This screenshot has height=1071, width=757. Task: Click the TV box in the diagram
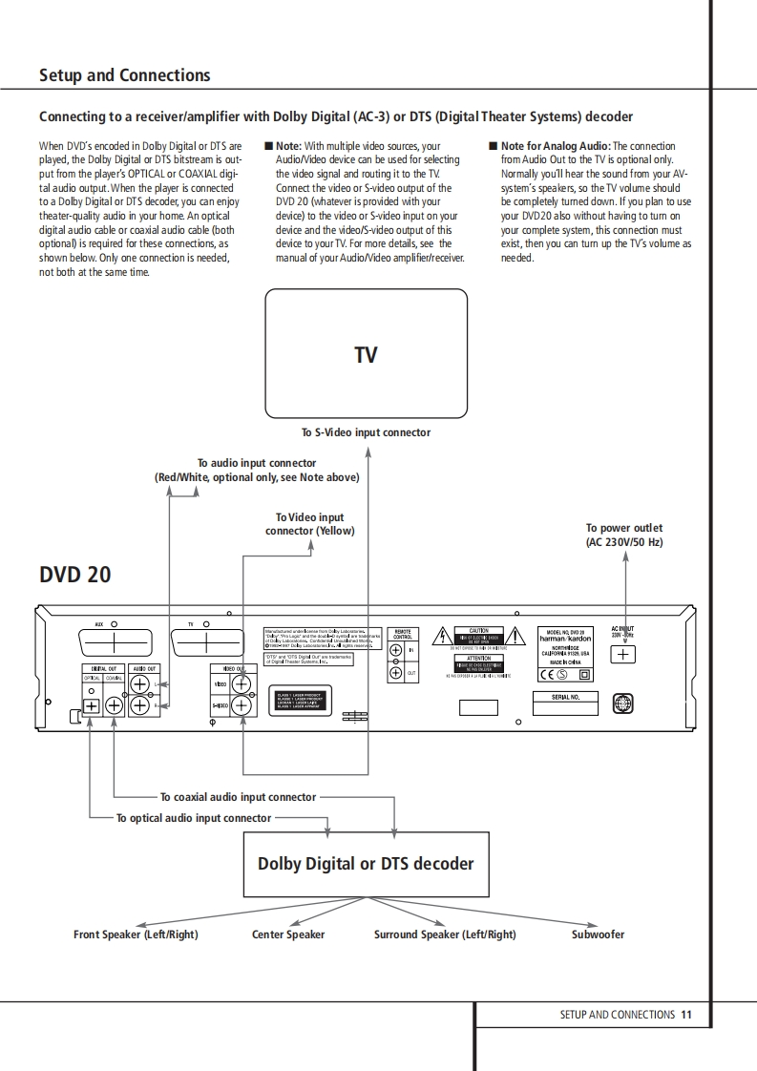pyautogui.click(x=366, y=354)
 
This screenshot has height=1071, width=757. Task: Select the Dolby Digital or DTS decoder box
pyautogui.click(x=366, y=864)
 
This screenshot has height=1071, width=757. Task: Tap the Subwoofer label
pyautogui.click(x=598, y=934)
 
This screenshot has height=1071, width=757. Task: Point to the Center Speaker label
pyautogui.click(x=288, y=934)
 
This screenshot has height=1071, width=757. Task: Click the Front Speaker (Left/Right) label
pyautogui.click(x=136, y=934)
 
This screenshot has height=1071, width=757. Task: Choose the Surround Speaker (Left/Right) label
pyautogui.click(x=445, y=934)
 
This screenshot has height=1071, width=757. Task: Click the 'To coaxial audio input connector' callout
pyautogui.click(x=238, y=797)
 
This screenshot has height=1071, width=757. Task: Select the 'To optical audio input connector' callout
pyautogui.click(x=194, y=818)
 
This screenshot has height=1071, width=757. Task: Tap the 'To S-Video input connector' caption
pyautogui.click(x=366, y=432)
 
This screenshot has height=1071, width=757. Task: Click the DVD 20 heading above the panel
pyautogui.click(x=75, y=575)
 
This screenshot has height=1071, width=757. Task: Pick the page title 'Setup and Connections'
pyautogui.click(x=124, y=75)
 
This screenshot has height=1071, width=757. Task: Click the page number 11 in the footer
pyautogui.click(x=686, y=1015)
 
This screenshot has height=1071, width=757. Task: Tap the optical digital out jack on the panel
pyautogui.click(x=91, y=706)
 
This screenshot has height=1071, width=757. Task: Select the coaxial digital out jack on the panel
pyautogui.click(x=114, y=706)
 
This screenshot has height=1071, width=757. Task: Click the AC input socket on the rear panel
pyautogui.click(x=623, y=655)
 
